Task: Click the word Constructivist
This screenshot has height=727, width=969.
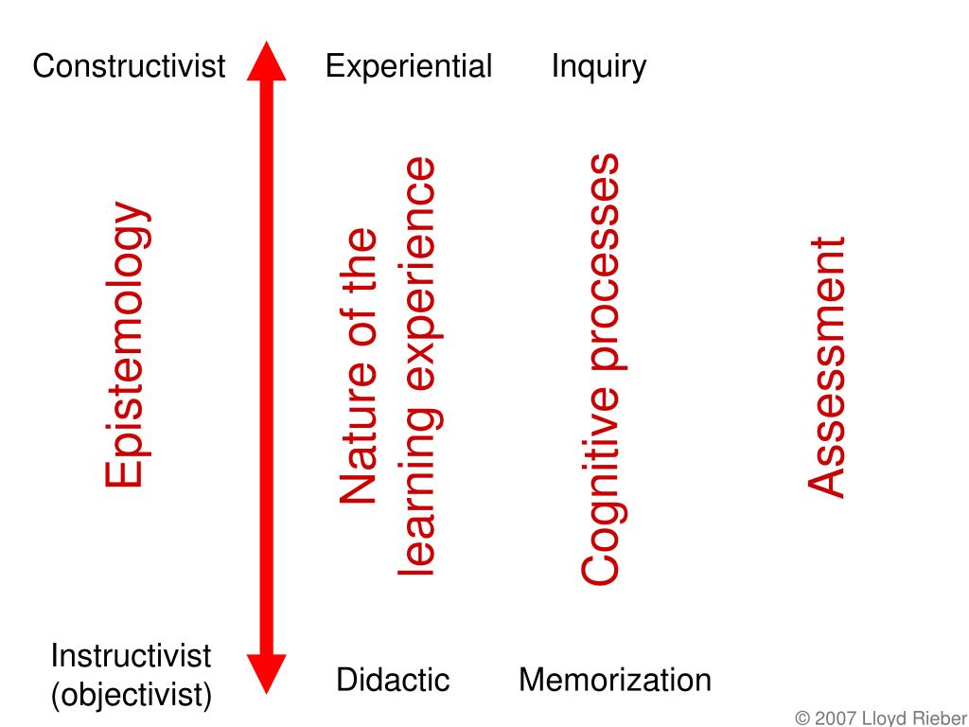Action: point(129,66)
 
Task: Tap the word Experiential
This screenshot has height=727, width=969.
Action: point(409,66)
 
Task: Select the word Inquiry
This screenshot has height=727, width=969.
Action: point(599,66)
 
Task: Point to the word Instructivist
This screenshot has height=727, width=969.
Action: point(131,655)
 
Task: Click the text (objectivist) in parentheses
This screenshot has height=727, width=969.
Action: point(131,696)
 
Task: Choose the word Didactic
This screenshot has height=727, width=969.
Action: point(393,680)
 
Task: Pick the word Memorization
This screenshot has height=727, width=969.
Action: point(615,680)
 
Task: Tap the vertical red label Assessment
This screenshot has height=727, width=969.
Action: point(826,366)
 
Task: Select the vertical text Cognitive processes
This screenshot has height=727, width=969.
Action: point(601,369)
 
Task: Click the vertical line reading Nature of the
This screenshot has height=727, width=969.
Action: point(360,366)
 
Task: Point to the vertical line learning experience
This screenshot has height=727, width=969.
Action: point(416,366)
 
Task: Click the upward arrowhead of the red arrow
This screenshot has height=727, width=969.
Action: point(266,62)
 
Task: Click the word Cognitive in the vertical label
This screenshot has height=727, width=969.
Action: point(601,492)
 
